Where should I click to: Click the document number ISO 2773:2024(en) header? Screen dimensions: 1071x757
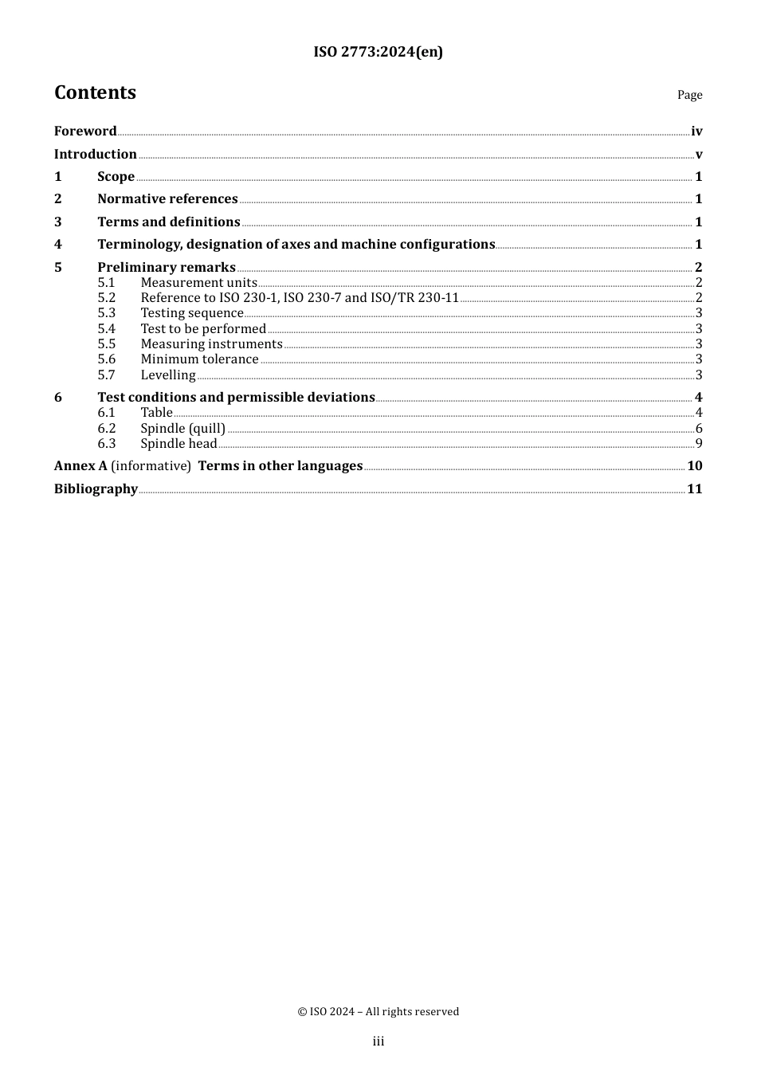tap(378, 52)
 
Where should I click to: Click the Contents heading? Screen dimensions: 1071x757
tap(95, 92)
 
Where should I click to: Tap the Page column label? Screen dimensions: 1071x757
tap(689, 95)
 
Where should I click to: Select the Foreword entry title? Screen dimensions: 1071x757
tap(85, 131)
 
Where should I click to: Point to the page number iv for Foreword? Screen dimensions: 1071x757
tap(696, 131)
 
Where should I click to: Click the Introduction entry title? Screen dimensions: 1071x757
tap(96, 154)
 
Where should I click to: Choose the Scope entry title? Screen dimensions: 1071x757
tap(116, 176)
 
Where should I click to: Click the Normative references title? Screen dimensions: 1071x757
tap(167, 198)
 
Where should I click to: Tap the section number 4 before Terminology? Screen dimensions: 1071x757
tap(58, 244)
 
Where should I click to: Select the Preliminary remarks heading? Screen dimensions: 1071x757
tap(167, 267)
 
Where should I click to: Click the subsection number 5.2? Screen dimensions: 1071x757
tap(107, 297)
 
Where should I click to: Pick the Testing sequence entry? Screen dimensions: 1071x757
tap(192, 313)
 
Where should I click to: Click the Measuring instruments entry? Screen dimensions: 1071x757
tap(211, 343)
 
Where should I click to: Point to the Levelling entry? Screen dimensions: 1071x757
tap(168, 375)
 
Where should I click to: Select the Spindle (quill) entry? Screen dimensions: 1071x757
tap(183, 428)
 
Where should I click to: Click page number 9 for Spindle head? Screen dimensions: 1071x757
tap(699, 443)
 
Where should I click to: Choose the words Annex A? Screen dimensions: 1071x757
tap(80, 465)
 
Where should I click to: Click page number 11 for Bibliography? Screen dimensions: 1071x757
tap(695, 488)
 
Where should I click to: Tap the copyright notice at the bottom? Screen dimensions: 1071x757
tap(378, 1011)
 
